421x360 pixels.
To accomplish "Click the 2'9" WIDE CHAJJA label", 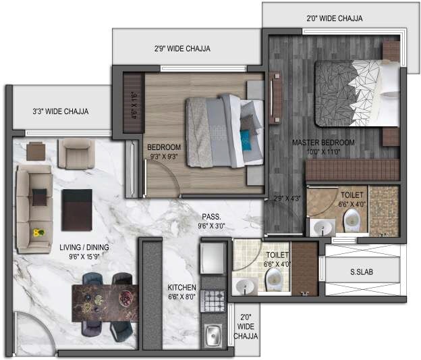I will tap(182, 49).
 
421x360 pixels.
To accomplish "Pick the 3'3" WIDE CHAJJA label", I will tap(61, 111).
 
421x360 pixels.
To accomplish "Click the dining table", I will tap(105, 301).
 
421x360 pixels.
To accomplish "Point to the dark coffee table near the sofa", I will tap(76, 209).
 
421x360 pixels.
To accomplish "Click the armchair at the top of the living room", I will tap(76, 154).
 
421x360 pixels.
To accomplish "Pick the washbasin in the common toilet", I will tap(244, 286).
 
